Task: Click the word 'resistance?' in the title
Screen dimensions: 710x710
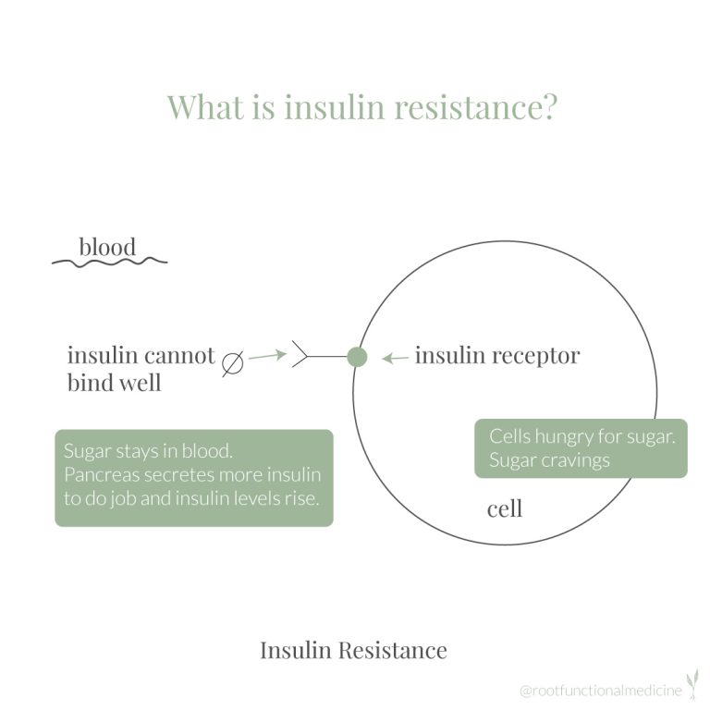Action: click(x=475, y=107)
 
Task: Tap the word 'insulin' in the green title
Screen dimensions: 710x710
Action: click(x=335, y=107)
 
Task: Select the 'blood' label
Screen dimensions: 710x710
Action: click(x=107, y=247)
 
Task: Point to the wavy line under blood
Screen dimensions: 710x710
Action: click(x=110, y=262)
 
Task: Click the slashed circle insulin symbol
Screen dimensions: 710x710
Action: click(x=233, y=363)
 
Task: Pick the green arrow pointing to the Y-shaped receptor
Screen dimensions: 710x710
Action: click(x=267, y=355)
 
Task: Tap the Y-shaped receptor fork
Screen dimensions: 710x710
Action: click(x=300, y=354)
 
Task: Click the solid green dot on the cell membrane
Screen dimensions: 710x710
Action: click(x=357, y=357)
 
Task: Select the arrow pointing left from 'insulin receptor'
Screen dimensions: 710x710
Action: click(x=395, y=359)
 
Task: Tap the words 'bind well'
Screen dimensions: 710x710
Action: click(x=114, y=383)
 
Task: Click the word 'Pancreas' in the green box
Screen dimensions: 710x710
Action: click(x=101, y=475)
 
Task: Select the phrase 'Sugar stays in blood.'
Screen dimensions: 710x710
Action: click(x=148, y=451)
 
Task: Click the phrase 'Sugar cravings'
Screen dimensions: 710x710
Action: click(x=549, y=460)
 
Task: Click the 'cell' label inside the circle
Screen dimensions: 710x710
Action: click(x=505, y=509)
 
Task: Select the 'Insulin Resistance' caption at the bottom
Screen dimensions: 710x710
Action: click(x=354, y=650)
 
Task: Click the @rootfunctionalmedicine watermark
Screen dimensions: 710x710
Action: click(x=601, y=690)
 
